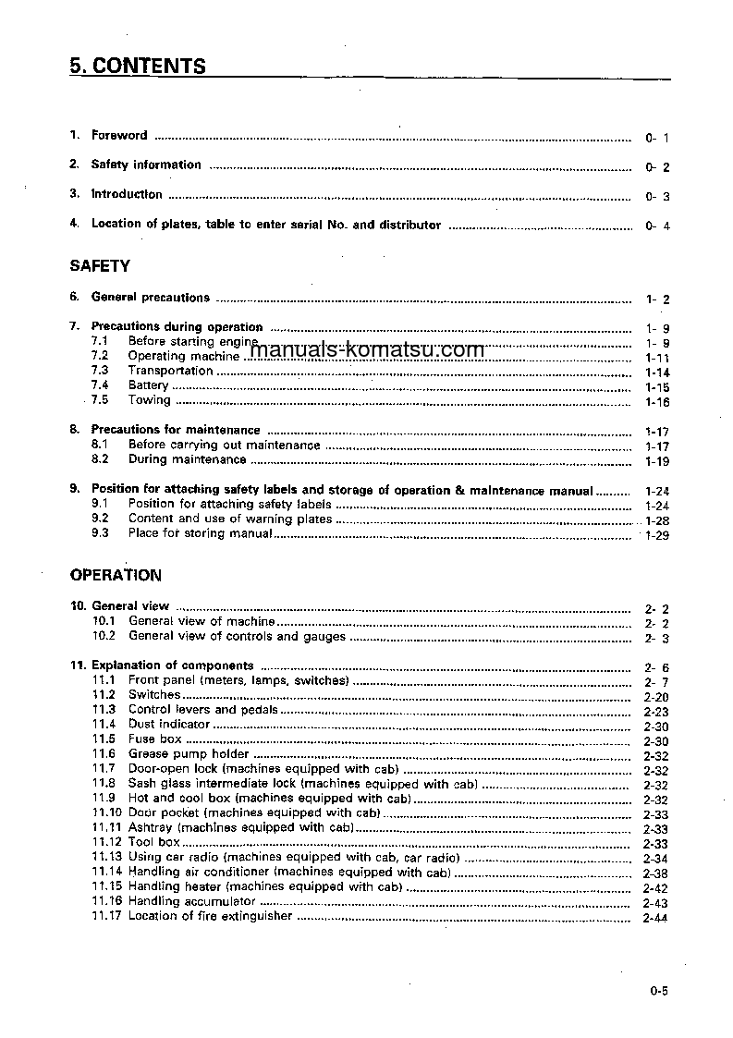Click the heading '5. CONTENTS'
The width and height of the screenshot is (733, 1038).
coord(138,67)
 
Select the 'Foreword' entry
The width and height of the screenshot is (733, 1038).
coord(118,135)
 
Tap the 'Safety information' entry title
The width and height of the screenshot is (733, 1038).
coord(145,165)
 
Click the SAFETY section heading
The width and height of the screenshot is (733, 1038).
coord(100,266)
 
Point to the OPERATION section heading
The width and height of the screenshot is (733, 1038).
coord(116,575)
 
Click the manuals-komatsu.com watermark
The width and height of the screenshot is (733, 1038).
coord(367,350)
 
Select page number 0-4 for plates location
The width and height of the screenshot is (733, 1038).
coord(657,226)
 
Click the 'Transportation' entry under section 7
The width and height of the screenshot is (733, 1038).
coord(170,371)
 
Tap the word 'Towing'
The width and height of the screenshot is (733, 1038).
coord(149,400)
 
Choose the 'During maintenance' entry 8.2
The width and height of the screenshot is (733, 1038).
coord(187,459)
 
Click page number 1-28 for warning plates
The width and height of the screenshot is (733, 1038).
coord(656,520)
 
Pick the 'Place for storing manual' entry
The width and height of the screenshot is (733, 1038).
coord(200,533)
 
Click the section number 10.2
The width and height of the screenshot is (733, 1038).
coord(104,636)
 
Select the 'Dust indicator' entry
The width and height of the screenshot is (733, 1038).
coord(169,725)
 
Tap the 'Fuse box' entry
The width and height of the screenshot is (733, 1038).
coord(154,739)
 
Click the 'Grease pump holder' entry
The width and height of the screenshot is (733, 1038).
coord(176,754)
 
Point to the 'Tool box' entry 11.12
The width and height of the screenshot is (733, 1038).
coord(153,843)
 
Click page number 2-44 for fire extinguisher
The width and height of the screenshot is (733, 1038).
coord(655,918)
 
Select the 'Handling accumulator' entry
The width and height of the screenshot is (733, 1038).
coord(191,901)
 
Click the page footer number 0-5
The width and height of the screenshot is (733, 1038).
coord(658,992)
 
